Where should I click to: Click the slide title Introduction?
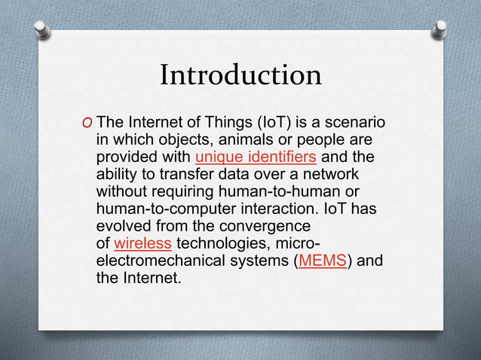pyautogui.click(x=240, y=75)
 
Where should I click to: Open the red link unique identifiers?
pyautogui.click(x=255, y=157)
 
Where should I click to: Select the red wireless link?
pyautogui.click(x=142, y=243)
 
